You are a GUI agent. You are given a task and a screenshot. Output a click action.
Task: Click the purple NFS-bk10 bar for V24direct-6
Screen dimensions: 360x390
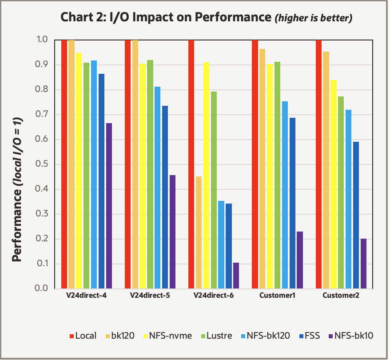click(x=236, y=276)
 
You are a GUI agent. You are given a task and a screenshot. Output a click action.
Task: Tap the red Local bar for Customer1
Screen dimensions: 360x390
click(x=255, y=164)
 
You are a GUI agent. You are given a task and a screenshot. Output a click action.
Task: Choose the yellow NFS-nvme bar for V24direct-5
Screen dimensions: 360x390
click(x=143, y=176)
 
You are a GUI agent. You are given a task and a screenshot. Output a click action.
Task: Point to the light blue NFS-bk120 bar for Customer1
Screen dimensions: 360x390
click(x=285, y=195)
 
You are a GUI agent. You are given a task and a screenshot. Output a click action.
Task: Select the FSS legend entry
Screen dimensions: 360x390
click(x=307, y=336)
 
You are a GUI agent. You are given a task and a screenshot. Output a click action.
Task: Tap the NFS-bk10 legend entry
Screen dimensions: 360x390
click(x=350, y=336)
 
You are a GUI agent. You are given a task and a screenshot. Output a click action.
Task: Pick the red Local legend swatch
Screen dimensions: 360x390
click(x=71, y=336)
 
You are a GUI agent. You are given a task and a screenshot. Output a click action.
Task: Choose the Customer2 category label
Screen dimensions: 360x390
click(x=341, y=296)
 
